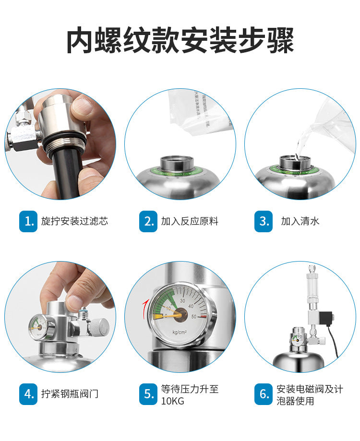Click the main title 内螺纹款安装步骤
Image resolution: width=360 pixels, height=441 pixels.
180,41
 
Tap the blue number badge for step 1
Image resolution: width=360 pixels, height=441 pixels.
28,221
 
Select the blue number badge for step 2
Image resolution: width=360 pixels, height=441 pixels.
148,221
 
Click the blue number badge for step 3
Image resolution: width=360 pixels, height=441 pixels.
264,221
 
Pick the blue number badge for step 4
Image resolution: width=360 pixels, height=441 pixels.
28,394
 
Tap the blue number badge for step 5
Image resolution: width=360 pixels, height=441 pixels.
148,394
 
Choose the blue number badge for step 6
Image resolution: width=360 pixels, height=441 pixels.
264,394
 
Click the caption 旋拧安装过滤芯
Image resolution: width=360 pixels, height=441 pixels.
74,221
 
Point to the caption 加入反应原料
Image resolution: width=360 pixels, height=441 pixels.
190,221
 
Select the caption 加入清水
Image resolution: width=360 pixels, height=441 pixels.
300,221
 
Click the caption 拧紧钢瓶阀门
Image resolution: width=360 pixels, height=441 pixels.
70,394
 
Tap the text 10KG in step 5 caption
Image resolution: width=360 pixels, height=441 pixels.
172,401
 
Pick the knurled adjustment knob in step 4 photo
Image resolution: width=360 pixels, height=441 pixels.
100,328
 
